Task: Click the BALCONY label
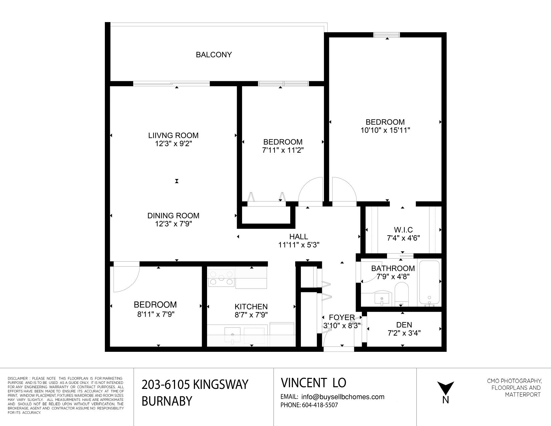pos(214,55)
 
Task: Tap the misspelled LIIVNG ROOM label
pos(173,135)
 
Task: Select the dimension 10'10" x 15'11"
pos(385,130)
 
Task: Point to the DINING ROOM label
pos(173,216)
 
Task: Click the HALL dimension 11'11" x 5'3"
pos(299,245)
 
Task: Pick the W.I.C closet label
pos(403,230)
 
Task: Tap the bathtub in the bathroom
pos(429,282)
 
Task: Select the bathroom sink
pos(382,299)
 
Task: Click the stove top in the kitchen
pos(221,278)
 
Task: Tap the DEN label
pos(404,325)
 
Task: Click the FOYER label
pos(342,317)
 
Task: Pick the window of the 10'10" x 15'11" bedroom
pos(387,35)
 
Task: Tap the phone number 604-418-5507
pos(320,405)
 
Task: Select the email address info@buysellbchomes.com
pos(343,397)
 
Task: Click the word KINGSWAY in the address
pos(221,385)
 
